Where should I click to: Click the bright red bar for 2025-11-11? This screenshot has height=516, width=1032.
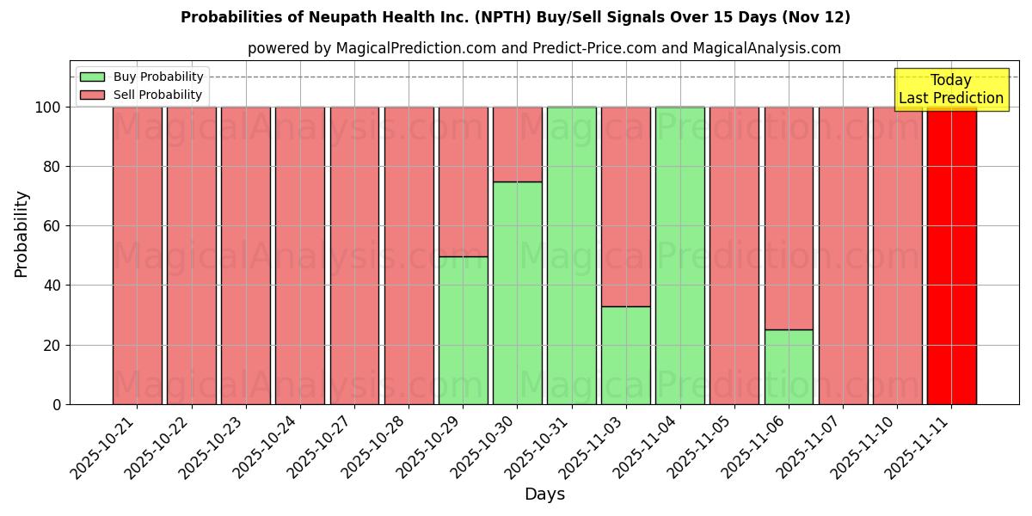(x=951, y=255)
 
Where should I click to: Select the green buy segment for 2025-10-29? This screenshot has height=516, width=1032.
(x=463, y=330)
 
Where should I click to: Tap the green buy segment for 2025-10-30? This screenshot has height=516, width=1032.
(x=518, y=293)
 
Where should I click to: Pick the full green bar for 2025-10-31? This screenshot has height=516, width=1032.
(x=572, y=255)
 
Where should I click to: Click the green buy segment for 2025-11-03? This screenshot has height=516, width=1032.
(x=626, y=355)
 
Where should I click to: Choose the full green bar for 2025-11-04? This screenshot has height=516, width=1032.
(x=680, y=255)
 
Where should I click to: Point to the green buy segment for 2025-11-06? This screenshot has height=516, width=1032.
(x=789, y=367)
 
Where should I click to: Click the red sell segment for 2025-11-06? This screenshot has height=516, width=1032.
(x=789, y=218)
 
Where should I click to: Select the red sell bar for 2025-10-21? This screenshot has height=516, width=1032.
(x=137, y=255)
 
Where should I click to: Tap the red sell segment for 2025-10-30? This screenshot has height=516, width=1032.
(x=518, y=144)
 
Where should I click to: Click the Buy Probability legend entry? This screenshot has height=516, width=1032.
(x=142, y=77)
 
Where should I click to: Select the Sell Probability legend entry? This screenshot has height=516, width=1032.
(x=142, y=95)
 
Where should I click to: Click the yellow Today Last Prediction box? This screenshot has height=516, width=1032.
(x=950, y=89)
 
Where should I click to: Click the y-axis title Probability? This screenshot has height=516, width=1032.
(x=21, y=233)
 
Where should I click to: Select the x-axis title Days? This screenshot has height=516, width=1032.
(x=544, y=494)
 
